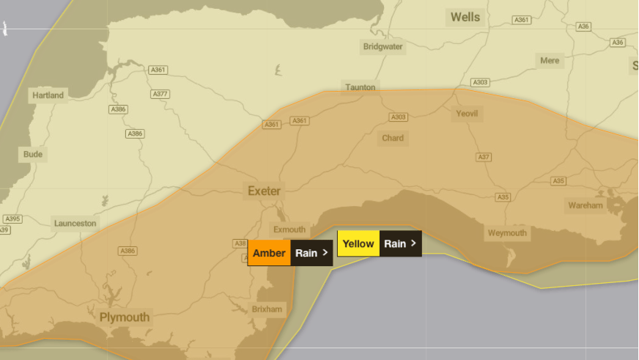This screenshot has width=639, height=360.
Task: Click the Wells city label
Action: tap(465, 17)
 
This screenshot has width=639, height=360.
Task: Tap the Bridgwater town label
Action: tap(383, 47)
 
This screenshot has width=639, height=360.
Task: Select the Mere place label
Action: tap(550, 61)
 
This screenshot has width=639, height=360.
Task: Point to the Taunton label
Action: tap(361, 87)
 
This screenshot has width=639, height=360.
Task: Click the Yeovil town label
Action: tap(467, 114)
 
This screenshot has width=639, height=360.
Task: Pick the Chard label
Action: tap(393, 138)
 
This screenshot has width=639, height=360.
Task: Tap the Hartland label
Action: tap(48, 95)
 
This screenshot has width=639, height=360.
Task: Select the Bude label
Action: tap(33, 155)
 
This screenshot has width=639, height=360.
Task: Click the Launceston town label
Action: tap(75, 223)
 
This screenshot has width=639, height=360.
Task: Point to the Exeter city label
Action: tap(264, 191)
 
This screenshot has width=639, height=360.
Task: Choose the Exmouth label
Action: tap(289, 229)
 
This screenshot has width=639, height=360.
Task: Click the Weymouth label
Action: tap(507, 234)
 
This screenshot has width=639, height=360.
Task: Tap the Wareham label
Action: tap(586, 206)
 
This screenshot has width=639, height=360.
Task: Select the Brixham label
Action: tap(267, 309)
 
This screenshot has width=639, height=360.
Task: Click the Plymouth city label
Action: tap(125, 317)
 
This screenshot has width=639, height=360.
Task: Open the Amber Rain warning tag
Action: tap(290, 253)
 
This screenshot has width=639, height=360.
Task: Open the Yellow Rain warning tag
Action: tap(380, 243)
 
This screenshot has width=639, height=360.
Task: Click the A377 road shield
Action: tap(160, 95)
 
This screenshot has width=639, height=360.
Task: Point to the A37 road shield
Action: tap(484, 157)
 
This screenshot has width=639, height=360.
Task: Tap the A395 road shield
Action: tap(12, 219)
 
